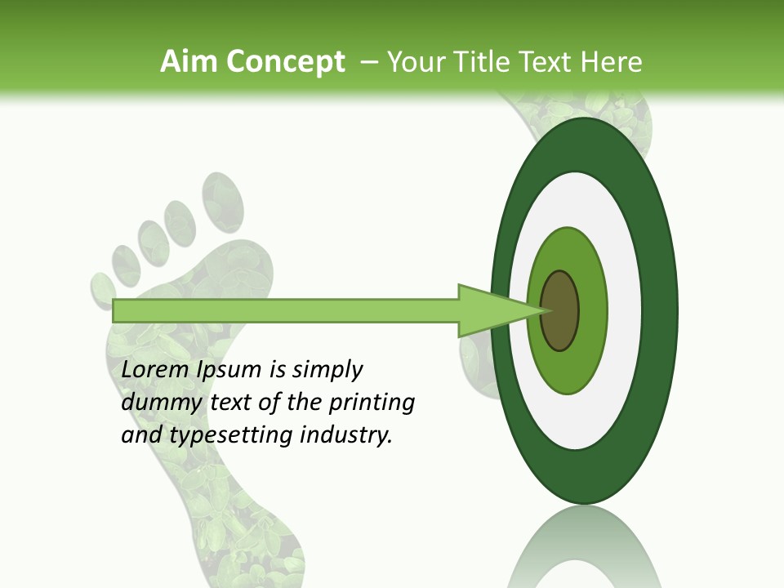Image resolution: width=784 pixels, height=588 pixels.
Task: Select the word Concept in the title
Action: [x=284, y=62]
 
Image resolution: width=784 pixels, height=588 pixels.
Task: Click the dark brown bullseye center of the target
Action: [x=559, y=310]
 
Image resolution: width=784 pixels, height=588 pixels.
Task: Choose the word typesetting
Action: [x=232, y=435]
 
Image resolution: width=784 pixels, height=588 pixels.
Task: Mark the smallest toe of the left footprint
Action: [x=102, y=288]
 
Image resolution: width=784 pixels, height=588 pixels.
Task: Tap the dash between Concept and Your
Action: [x=368, y=62]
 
